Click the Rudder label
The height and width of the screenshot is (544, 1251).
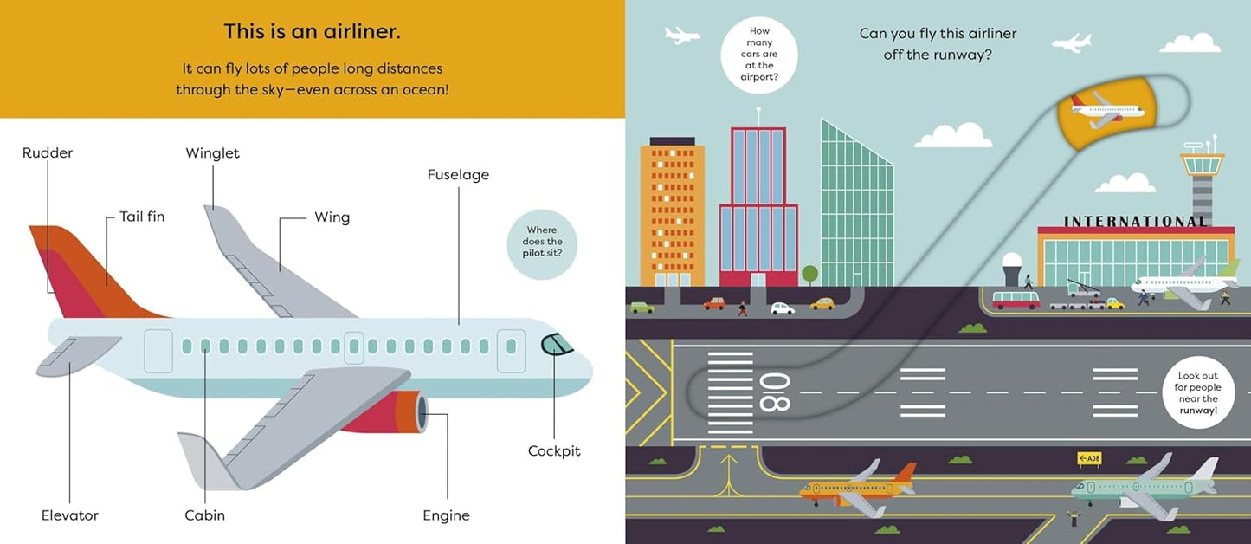click(x=48, y=153)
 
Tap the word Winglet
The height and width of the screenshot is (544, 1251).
click(x=212, y=153)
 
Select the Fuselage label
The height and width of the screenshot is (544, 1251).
click(x=458, y=175)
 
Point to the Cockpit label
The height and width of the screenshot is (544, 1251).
click(x=554, y=450)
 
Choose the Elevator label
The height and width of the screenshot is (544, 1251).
click(x=70, y=515)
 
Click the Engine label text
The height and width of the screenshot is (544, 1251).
click(x=446, y=515)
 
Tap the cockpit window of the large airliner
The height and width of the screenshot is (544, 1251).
click(x=557, y=344)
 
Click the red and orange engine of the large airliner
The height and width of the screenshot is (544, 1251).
click(x=385, y=412)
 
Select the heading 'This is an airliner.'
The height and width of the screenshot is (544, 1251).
click(x=313, y=31)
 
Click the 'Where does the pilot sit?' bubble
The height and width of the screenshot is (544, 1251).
click(x=542, y=244)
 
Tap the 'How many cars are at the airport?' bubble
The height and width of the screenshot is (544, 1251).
click(x=759, y=55)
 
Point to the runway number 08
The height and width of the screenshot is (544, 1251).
click(x=775, y=392)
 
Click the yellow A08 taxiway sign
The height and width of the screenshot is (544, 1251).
click(x=1089, y=458)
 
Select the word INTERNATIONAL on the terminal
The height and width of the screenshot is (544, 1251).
click(x=1136, y=222)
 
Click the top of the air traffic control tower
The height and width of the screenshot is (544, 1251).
click(x=1202, y=162)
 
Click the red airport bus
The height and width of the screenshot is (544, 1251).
click(x=1016, y=300)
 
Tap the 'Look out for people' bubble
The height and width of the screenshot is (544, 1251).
click(x=1197, y=392)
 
